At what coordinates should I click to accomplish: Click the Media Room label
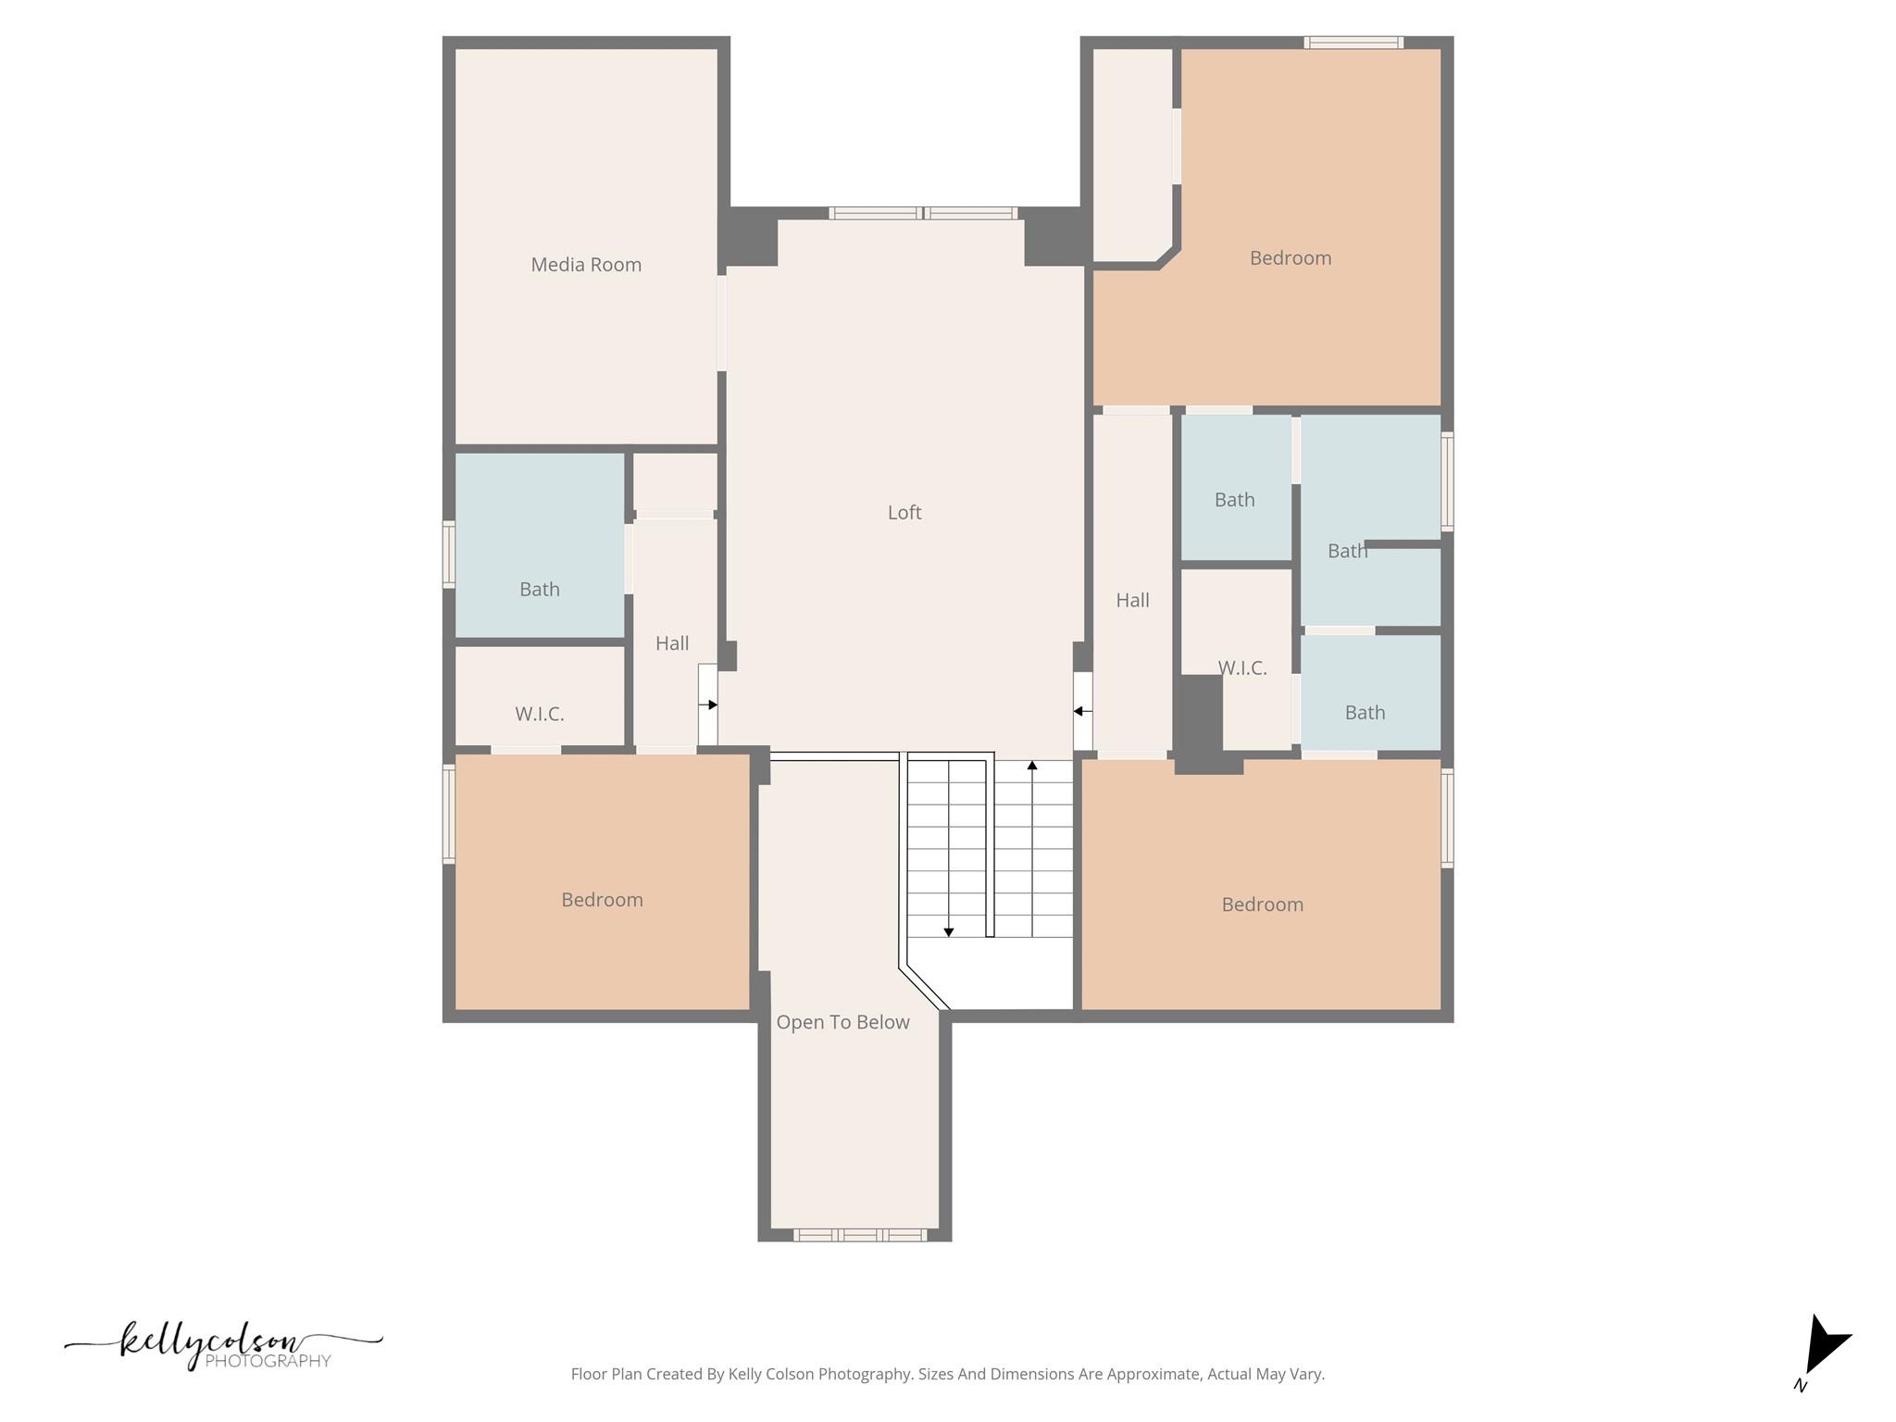[x=586, y=265]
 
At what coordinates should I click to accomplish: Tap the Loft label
[x=904, y=512]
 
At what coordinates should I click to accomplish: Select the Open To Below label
[x=842, y=1022]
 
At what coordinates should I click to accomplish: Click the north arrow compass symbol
[x=1823, y=1347]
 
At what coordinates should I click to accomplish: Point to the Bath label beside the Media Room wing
[x=539, y=590]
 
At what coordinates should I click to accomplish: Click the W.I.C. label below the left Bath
[x=539, y=714]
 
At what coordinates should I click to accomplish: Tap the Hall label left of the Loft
[x=672, y=643]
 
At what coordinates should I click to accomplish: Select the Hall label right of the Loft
[x=1132, y=600]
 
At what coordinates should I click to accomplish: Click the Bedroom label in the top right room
[x=1290, y=258]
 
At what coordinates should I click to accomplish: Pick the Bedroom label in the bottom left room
[x=602, y=900]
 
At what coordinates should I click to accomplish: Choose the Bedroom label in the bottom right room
[x=1262, y=904]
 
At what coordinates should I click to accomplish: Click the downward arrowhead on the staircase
[x=949, y=931]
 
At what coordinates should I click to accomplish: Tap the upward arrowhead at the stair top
[x=1032, y=766]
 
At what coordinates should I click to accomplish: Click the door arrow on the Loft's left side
[x=711, y=705]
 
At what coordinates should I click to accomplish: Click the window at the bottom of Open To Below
[x=859, y=1234]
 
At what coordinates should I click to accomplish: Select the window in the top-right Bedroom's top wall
[x=1353, y=43]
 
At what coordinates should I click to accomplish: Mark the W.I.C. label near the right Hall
[x=1241, y=668]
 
